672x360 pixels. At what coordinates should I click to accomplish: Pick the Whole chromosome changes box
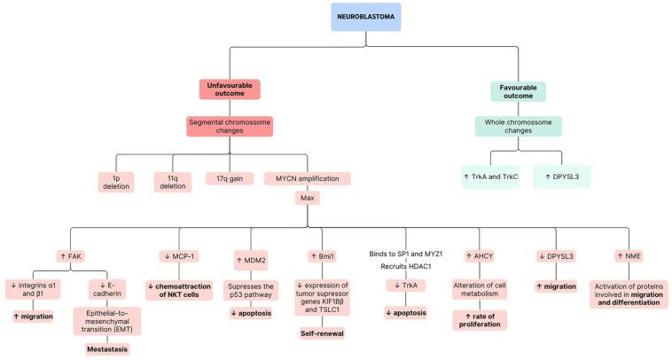[x=518, y=126]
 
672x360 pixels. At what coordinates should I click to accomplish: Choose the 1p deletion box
[x=117, y=182]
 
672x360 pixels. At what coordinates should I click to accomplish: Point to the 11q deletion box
[x=174, y=182]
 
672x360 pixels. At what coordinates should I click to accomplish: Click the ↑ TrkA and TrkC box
[x=491, y=176]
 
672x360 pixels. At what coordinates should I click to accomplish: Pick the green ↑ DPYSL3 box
[x=561, y=176]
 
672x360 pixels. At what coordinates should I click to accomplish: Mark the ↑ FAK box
[x=75, y=256]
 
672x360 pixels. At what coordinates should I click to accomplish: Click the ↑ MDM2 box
[x=251, y=261]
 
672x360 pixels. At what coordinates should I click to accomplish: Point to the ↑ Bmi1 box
[x=320, y=256]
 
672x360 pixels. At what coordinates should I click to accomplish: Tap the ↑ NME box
[x=629, y=256]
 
